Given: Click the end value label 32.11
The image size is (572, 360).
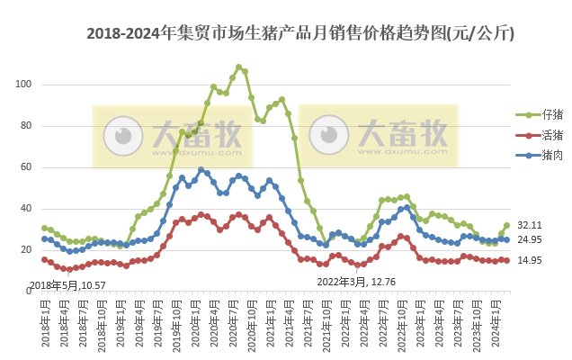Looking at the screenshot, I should [529, 224].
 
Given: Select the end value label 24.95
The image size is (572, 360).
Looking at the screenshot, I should [529, 239].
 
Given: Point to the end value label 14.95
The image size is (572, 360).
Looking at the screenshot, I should [529, 260].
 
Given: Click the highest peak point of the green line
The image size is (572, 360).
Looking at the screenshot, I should [238, 67].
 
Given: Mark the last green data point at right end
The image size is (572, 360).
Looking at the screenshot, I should [507, 225].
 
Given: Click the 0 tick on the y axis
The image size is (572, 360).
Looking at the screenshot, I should [29, 292].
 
